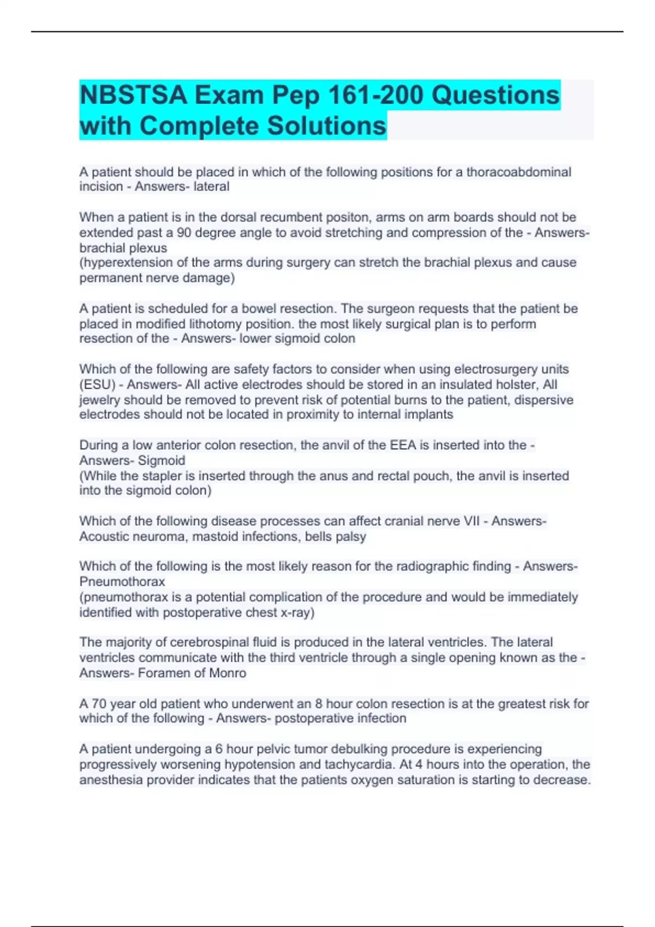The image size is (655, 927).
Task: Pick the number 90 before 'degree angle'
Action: (184, 232)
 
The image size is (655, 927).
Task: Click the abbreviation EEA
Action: (403, 445)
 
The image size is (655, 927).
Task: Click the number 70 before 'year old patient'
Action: (99, 703)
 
